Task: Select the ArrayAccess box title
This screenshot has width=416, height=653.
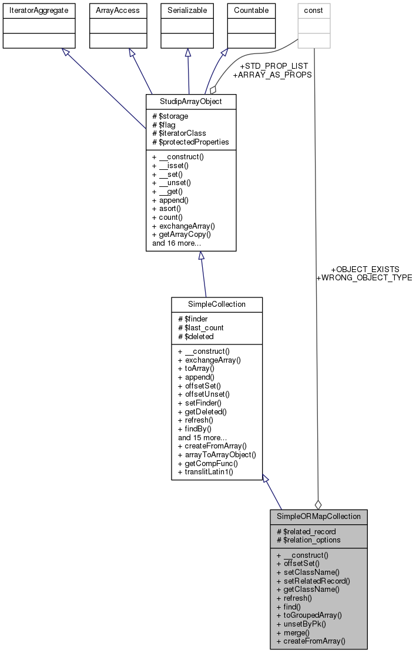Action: [117, 10]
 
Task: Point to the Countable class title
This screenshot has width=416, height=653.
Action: [251, 10]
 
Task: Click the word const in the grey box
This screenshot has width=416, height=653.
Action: [314, 10]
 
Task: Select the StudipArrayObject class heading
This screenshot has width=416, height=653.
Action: [191, 102]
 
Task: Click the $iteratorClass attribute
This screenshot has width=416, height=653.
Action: [179, 133]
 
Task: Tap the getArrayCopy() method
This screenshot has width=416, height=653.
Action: [181, 234]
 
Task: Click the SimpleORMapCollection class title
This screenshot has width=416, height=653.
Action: [318, 516]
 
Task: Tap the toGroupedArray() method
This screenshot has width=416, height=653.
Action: [308, 615]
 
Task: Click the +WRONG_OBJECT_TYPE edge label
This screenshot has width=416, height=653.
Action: [364, 277]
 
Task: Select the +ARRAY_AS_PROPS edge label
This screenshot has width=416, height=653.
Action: [272, 75]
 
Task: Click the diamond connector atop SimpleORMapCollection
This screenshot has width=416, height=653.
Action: [318, 504]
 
